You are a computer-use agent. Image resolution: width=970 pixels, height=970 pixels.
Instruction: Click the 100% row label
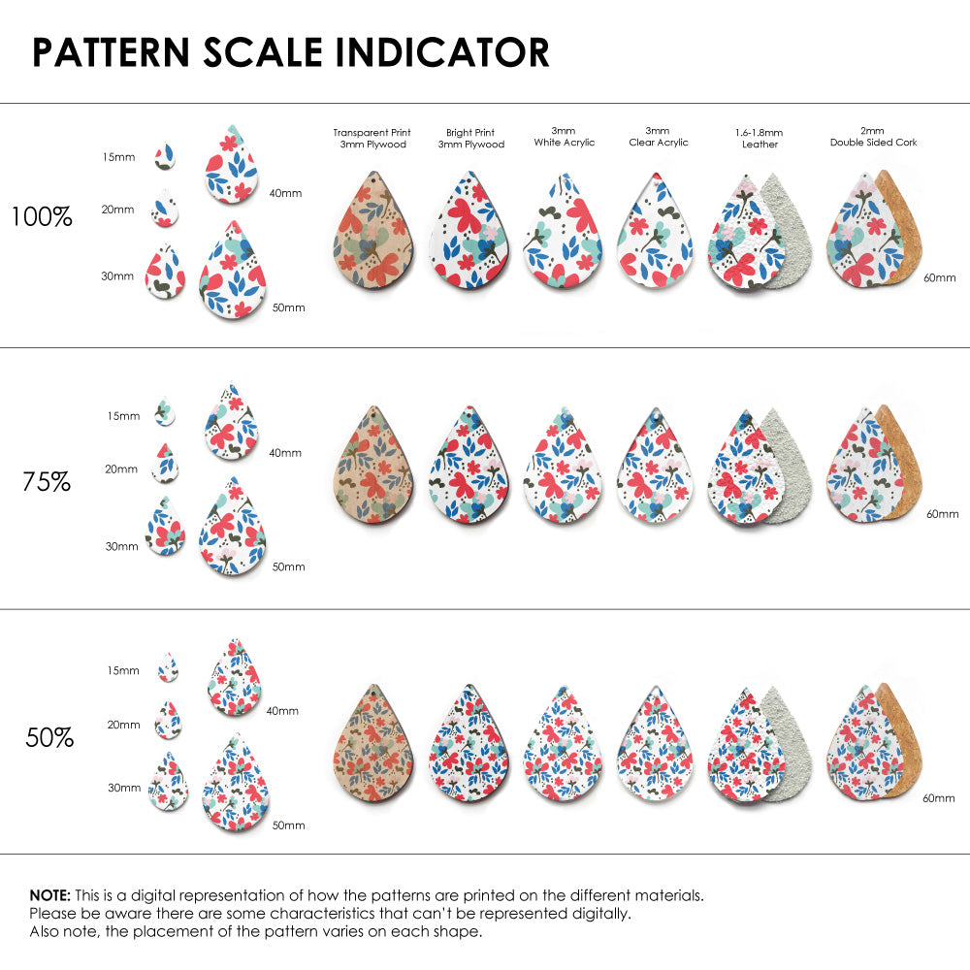click(x=42, y=217)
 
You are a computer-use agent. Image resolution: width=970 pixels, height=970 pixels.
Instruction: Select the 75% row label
click(x=47, y=481)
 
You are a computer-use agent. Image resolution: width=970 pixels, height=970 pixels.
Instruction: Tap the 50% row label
click(x=49, y=738)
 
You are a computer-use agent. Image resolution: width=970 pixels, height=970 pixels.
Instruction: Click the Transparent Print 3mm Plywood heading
click(x=372, y=138)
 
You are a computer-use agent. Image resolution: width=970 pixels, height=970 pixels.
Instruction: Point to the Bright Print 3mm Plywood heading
click(x=471, y=138)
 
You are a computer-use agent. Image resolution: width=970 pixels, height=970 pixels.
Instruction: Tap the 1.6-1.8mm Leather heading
click(x=760, y=138)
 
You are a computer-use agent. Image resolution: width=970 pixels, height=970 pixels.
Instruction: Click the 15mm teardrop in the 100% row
click(x=165, y=153)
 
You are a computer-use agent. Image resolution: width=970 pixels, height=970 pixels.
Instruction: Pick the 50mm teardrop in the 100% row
click(x=233, y=272)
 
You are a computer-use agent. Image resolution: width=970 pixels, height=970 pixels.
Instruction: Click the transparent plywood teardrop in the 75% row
click(x=372, y=468)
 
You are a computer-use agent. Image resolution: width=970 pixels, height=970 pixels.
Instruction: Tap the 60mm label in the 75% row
click(x=942, y=513)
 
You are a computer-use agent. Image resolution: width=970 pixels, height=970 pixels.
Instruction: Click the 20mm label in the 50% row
click(x=123, y=725)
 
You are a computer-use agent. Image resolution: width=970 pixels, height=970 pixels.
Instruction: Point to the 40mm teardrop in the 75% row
click(x=231, y=423)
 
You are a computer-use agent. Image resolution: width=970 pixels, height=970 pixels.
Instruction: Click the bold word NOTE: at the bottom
click(x=49, y=895)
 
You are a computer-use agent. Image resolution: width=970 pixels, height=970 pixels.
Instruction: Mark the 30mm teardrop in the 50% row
click(x=168, y=784)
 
